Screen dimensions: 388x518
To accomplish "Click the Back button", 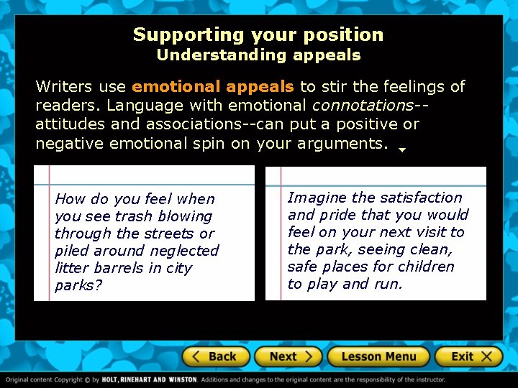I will pyautogui.click(x=215, y=356).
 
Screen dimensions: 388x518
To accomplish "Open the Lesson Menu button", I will pyautogui.click(x=378, y=356).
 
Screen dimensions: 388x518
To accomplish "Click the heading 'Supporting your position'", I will pyautogui.click(x=258, y=34).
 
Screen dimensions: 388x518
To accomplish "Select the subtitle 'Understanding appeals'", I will pyautogui.click(x=258, y=55).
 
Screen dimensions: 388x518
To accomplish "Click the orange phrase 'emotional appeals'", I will pyautogui.click(x=213, y=87).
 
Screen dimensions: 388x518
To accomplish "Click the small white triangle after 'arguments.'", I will pyautogui.click(x=402, y=150).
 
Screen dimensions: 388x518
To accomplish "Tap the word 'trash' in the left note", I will pyautogui.click(x=136, y=216).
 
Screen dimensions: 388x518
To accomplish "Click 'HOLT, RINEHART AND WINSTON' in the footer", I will pyautogui.click(x=150, y=379).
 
